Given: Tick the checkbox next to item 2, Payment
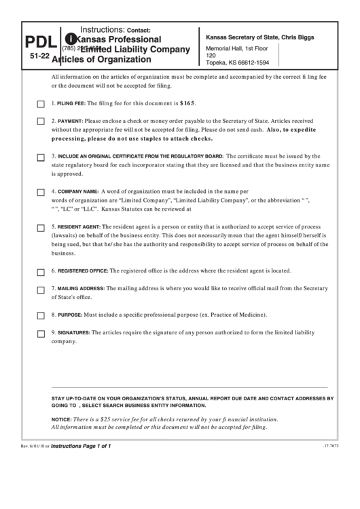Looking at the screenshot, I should click(41, 122).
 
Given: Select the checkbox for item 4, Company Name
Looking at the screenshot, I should click(41, 192).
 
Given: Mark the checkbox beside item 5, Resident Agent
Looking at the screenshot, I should click(41, 227).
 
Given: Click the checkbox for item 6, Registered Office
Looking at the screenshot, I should click(41, 272).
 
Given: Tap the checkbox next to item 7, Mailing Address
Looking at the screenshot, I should click(41, 289).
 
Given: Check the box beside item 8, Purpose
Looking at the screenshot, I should click(41, 316).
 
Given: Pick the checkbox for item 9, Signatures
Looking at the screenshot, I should click(41, 334).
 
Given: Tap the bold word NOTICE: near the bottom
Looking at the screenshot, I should click(61, 419).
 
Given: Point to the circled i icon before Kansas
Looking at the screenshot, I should click(69, 39).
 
